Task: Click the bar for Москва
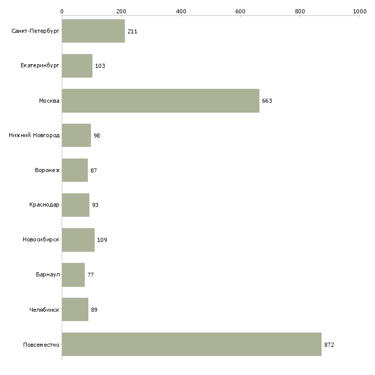160,101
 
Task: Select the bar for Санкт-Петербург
93,31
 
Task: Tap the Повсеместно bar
192,344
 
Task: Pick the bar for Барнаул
73,275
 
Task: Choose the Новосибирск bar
78,240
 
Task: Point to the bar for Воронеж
75,170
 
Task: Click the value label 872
329,345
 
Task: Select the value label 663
267,101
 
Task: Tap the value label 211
132,31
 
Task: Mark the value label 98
97,136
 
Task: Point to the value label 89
94,310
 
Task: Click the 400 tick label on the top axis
181,11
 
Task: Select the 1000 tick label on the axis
360,11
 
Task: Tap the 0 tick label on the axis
62,11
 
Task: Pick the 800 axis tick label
300,11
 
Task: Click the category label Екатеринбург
40,66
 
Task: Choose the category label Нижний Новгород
34,135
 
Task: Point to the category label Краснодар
44,205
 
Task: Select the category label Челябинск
44,310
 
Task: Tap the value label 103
100,66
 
